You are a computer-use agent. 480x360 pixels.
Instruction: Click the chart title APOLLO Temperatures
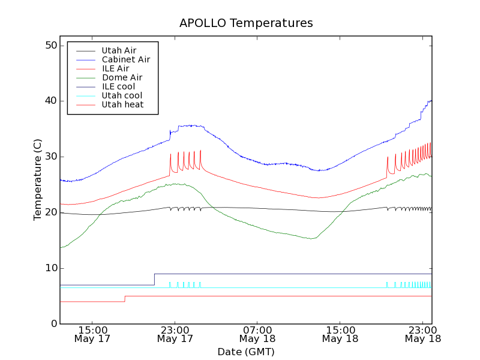[246, 23]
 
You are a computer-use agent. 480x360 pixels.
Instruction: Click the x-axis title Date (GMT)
[246, 352]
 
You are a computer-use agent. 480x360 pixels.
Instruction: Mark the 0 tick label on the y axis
[53, 324]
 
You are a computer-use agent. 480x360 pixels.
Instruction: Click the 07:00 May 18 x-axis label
[257, 334]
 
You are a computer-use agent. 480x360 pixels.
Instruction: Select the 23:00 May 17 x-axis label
[175, 334]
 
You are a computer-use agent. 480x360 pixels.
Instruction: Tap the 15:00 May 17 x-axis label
[92, 334]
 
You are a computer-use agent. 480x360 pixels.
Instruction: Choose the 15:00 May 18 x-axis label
[340, 334]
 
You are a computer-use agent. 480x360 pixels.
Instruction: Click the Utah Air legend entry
[119, 50]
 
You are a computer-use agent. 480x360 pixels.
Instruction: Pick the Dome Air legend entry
[122, 77]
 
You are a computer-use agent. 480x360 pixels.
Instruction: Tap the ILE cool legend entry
[118, 86]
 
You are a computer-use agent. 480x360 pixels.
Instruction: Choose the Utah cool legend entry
[122, 95]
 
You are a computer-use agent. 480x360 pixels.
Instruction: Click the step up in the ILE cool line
[155, 280]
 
